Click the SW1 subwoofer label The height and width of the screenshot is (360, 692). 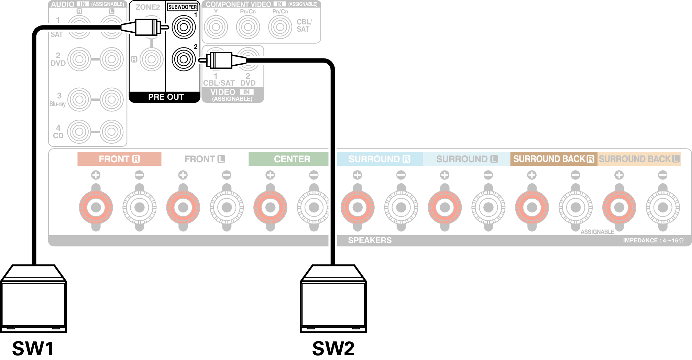33,348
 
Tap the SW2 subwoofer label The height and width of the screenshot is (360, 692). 333,348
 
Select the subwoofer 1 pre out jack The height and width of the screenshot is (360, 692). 184,27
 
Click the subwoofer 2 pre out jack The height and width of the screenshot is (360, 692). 184,59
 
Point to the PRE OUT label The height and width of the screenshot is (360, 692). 166,97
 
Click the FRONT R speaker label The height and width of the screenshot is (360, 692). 119,159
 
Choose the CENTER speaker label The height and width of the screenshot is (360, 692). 292,159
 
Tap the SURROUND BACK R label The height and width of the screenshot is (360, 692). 553,159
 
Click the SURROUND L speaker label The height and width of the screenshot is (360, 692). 466,159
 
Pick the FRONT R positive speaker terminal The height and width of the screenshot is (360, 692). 96,207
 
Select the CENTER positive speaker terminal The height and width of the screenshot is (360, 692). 270,207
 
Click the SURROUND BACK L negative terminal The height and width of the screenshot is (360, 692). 662,207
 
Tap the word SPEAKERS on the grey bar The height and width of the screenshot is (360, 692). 370,240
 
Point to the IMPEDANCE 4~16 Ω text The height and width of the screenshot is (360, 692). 653,240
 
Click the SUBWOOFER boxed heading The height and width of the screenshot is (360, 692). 183,7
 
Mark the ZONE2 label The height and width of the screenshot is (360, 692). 147,7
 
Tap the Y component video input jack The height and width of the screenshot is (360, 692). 216,27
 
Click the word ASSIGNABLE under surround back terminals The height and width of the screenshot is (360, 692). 597,232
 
